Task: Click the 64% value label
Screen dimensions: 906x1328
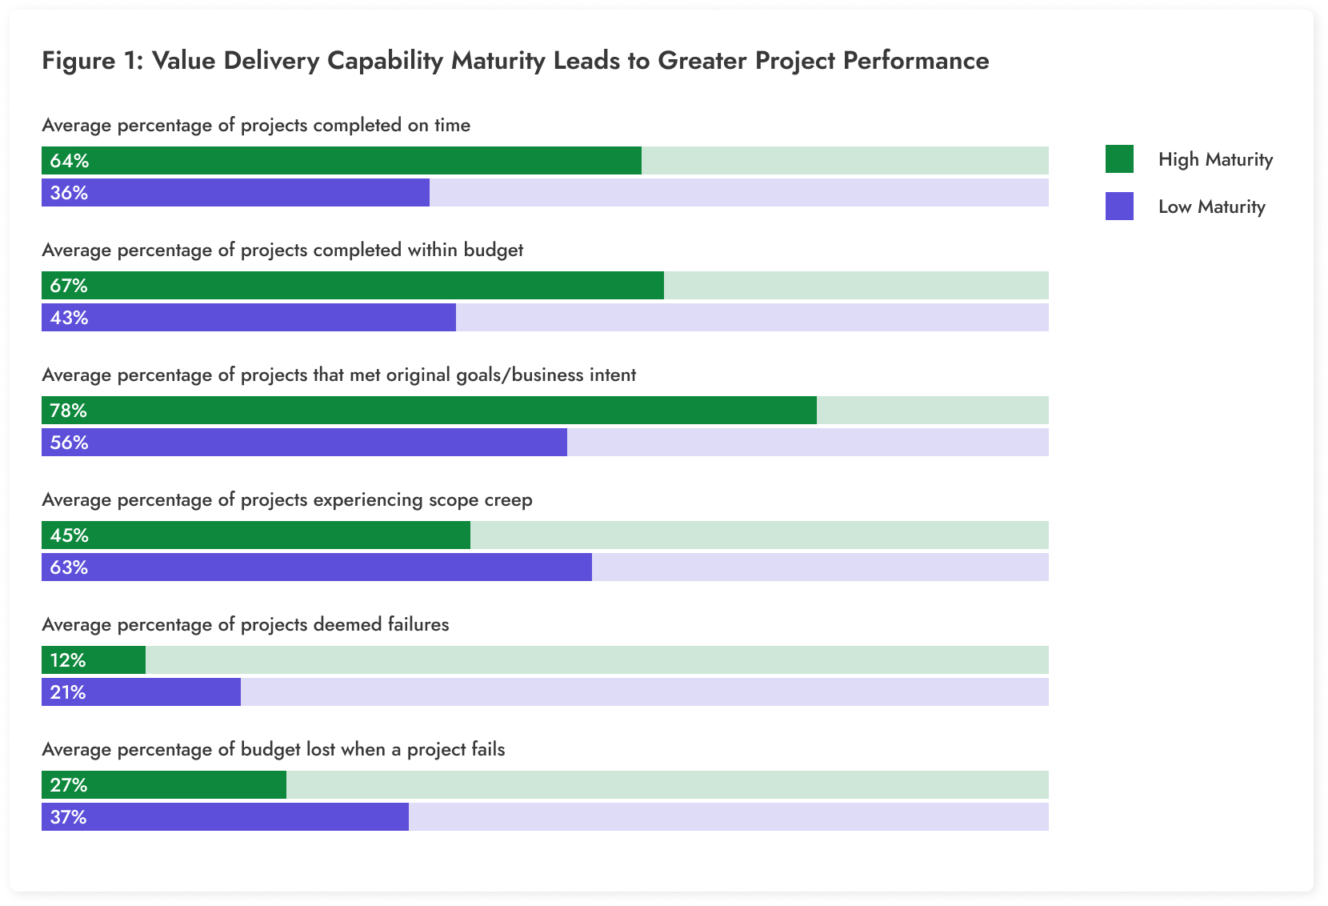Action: coord(69,161)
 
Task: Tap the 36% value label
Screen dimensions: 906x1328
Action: coord(69,193)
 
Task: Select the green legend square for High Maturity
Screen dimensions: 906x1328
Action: coord(1119,159)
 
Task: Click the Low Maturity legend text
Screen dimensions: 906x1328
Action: coord(1211,206)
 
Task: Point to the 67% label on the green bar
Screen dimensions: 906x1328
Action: coord(69,286)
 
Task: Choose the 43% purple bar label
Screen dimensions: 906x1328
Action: coord(69,318)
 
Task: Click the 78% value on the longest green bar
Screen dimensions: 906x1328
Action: coord(69,411)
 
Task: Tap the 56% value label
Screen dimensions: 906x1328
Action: coord(69,443)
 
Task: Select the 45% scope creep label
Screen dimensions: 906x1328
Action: coord(69,535)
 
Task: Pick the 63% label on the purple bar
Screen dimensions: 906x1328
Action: coord(69,567)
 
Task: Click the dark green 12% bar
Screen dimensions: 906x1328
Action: coord(94,660)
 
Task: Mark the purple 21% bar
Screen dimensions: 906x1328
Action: coord(141,692)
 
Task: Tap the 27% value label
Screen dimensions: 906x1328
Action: coord(69,785)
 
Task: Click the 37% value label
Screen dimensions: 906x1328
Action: coord(69,817)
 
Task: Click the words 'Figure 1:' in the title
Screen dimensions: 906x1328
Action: coord(92,61)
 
